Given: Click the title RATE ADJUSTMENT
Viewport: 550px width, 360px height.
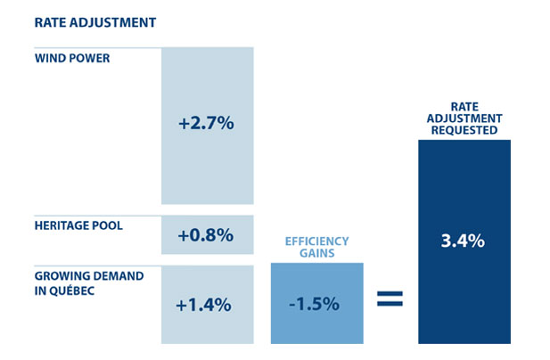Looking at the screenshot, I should point(82,21).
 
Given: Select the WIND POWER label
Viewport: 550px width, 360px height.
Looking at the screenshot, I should point(73,58).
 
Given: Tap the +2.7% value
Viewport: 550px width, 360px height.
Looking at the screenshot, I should point(206,124).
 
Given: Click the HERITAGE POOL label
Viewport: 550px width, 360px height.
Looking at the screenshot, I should point(79,225).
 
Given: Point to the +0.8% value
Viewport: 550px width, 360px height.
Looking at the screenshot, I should point(206,235).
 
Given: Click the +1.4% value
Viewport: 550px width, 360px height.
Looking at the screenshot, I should point(204,304).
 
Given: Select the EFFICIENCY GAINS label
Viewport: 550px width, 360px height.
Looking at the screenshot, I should point(316,248).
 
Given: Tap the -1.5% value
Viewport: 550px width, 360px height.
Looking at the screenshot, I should point(316,303).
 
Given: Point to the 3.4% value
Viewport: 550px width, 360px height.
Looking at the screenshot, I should point(464,240).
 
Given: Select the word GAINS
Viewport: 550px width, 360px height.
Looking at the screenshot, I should point(316,254).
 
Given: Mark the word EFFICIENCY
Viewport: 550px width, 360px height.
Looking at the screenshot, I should point(316,241).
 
